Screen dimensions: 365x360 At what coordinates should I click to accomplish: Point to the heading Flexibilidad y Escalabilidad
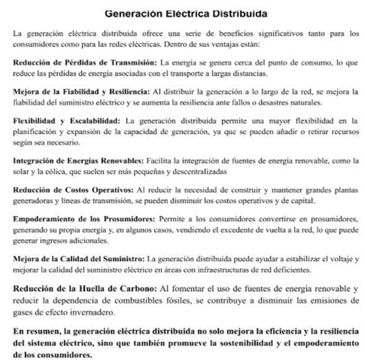point(65,120)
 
